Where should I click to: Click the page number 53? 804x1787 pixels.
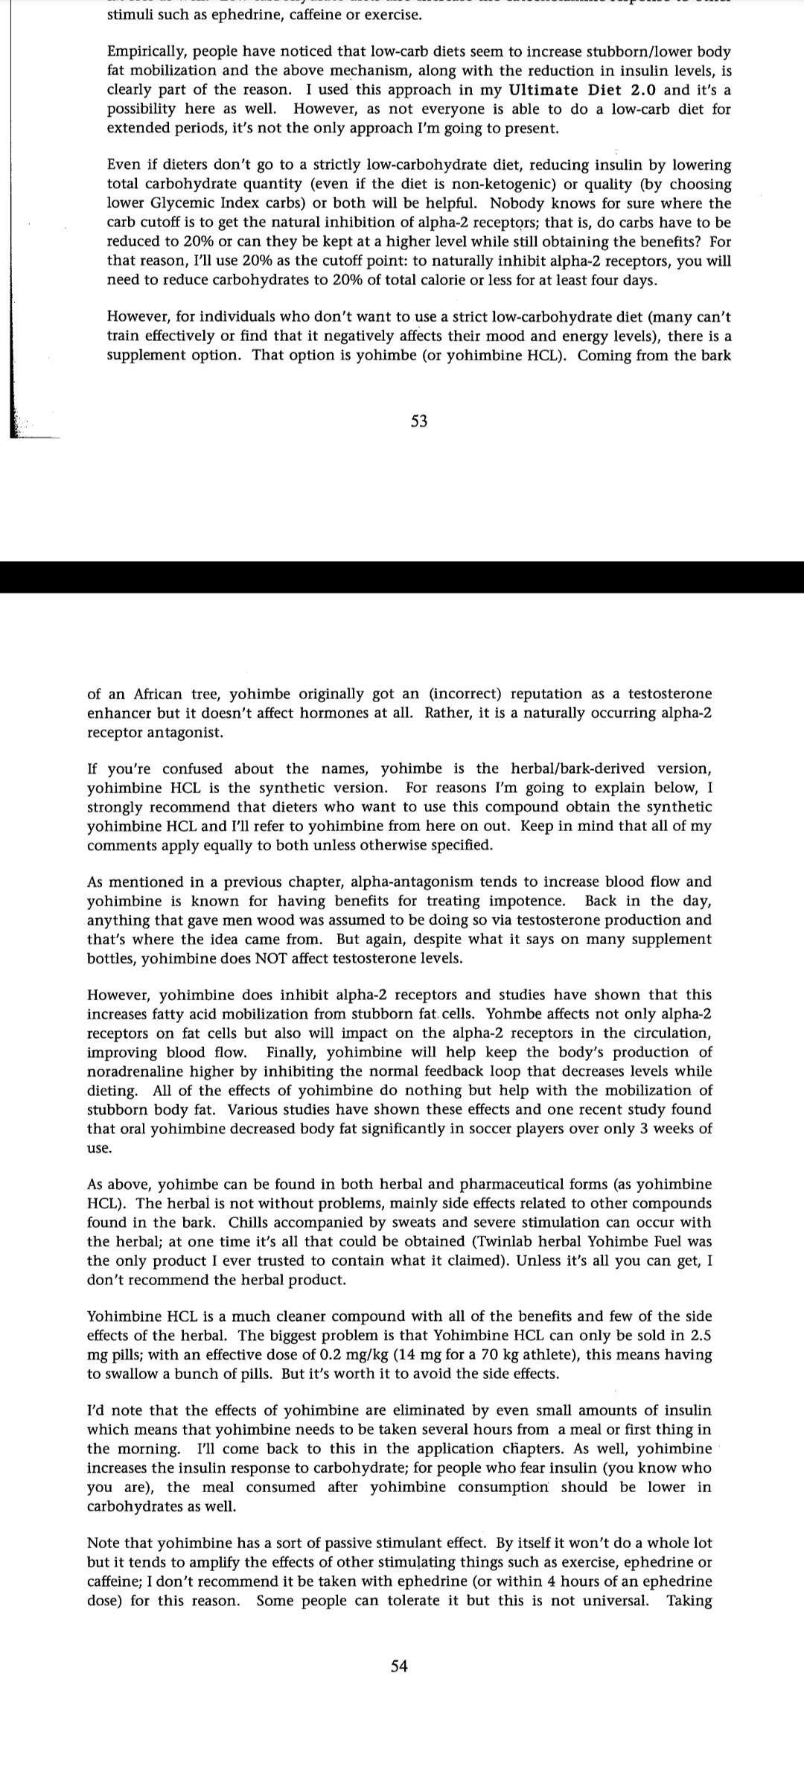(419, 421)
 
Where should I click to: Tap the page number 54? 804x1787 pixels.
(399, 1666)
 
